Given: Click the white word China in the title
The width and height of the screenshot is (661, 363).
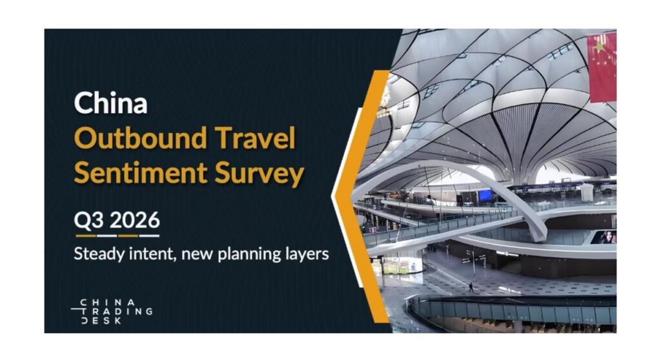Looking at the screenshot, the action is pyautogui.click(x=110, y=103).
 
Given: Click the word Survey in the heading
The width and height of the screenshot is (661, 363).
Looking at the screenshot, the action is pyautogui.click(x=259, y=173).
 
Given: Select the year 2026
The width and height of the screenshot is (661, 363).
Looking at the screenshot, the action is pyautogui.click(x=135, y=220).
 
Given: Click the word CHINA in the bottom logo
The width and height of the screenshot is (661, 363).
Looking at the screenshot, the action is pyautogui.click(x=108, y=302).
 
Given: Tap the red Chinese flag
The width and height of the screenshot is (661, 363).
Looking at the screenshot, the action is pyautogui.click(x=602, y=67).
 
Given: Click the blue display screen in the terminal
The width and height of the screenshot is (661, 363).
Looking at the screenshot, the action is pyautogui.click(x=485, y=195).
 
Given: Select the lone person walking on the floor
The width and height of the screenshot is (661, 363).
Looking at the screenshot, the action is pyautogui.click(x=471, y=287).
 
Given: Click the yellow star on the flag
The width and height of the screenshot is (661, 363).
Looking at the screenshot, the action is pyautogui.click(x=599, y=47).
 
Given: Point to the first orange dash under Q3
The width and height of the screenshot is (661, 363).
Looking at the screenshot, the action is pyautogui.click(x=85, y=236).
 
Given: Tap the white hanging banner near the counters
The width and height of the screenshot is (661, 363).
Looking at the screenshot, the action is pyautogui.click(x=587, y=192).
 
